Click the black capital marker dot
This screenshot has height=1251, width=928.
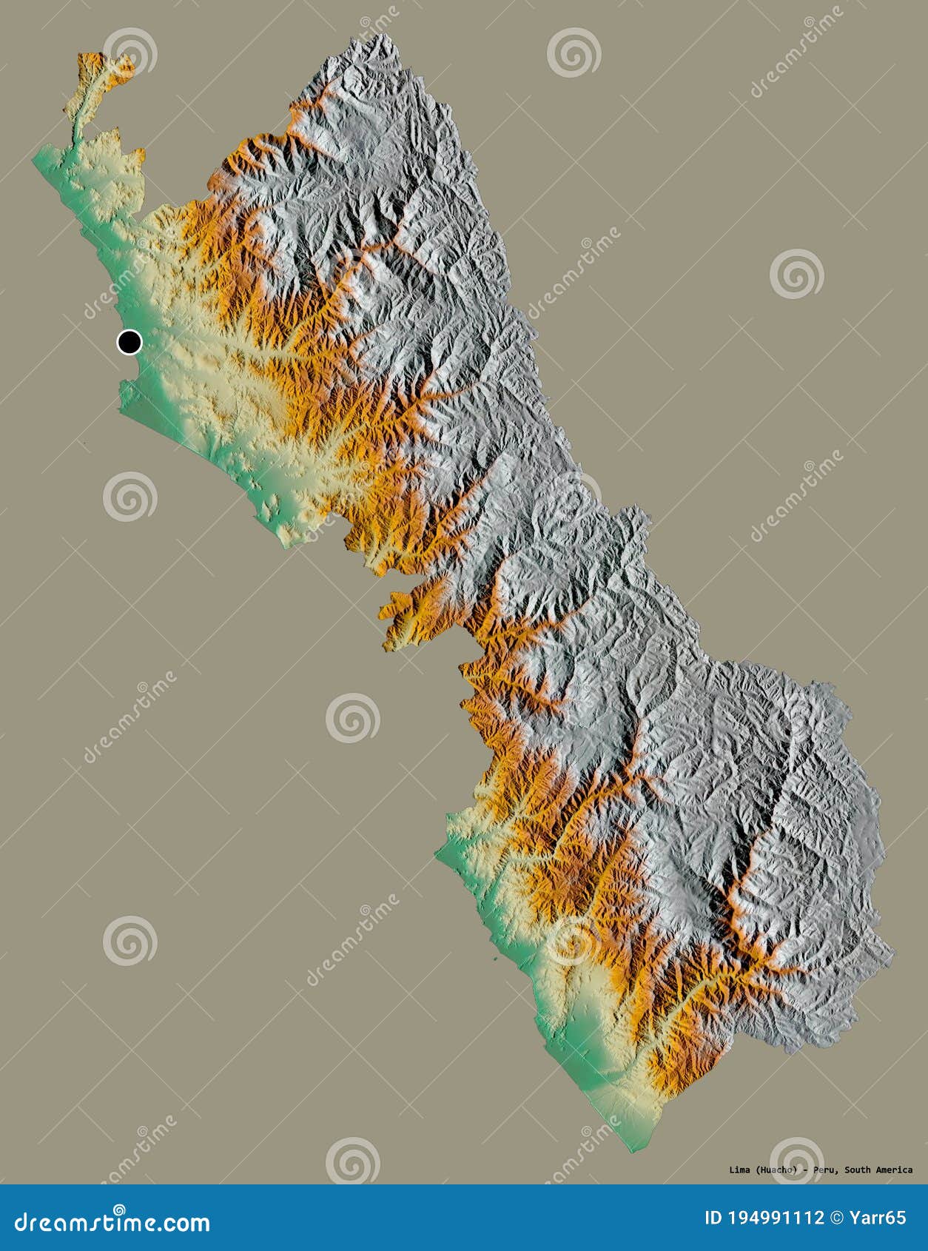point(130,342)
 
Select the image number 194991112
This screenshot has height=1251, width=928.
point(776,1218)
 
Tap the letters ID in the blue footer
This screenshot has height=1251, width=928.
point(713,1218)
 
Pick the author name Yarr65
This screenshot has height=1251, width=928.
point(879,1218)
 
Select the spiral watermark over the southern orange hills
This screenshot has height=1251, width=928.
point(574,940)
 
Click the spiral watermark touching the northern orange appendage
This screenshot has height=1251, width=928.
point(130,53)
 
